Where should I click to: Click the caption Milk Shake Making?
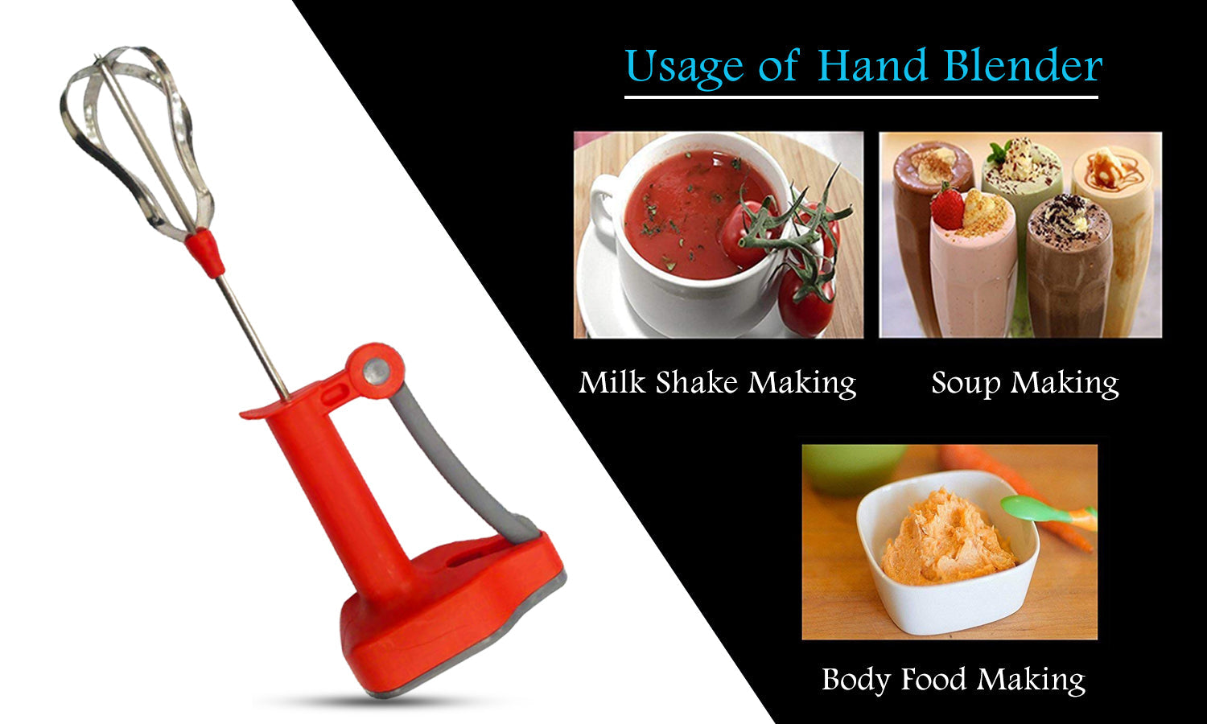[x=717, y=382]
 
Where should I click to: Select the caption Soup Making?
[x=1024, y=382]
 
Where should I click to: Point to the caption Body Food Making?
[x=953, y=679]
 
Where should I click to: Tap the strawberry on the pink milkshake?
[x=947, y=208]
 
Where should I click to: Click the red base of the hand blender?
[x=451, y=611]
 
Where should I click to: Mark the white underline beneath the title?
[x=861, y=97]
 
